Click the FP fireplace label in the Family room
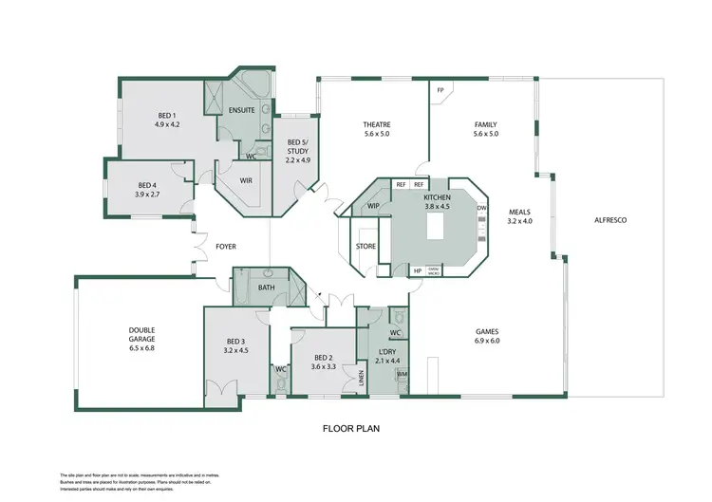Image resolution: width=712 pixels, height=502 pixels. click(x=440, y=91)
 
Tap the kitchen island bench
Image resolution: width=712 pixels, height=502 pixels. click(x=435, y=227)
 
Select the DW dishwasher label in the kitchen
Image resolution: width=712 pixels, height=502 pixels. click(x=481, y=208)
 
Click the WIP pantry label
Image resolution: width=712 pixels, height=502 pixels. click(x=373, y=205)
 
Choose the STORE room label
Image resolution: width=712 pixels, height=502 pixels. click(x=365, y=247)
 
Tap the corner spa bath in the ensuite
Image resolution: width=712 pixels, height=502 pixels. click(x=252, y=84)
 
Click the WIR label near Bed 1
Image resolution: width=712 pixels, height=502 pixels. click(x=246, y=179)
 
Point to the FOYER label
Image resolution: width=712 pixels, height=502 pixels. click(x=226, y=247)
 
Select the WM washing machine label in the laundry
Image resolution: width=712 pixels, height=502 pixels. click(x=402, y=375)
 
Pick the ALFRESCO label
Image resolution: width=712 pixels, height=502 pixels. click(x=610, y=220)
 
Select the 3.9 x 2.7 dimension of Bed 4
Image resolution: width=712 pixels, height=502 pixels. click(x=147, y=195)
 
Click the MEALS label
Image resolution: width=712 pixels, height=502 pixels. click(x=519, y=213)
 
